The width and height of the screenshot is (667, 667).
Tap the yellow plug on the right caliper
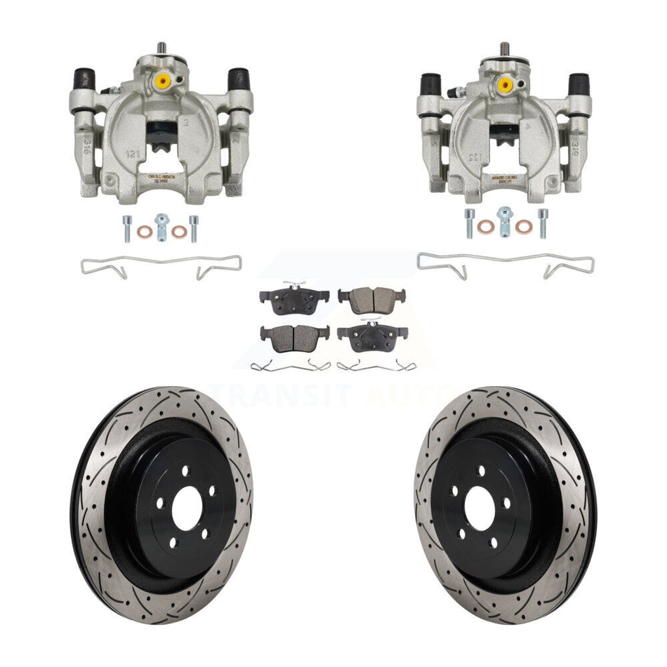504,84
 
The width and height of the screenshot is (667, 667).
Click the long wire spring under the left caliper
161,265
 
